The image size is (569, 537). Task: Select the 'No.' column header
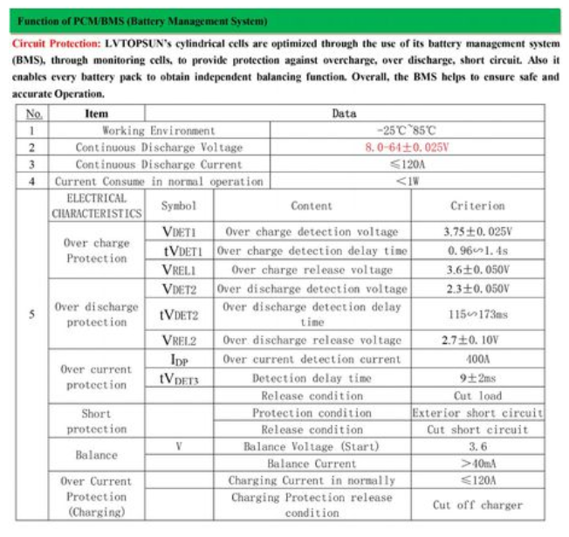pyautogui.click(x=33, y=114)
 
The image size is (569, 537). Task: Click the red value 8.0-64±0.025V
pyautogui.click(x=407, y=148)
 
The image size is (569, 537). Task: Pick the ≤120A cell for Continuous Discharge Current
pyautogui.click(x=407, y=164)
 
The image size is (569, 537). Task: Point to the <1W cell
pyautogui.click(x=407, y=182)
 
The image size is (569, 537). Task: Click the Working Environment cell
pyautogui.click(x=158, y=130)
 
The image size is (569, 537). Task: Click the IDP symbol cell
pyautogui.click(x=179, y=359)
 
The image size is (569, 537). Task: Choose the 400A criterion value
pyautogui.click(x=477, y=359)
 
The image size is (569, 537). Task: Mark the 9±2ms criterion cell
pyautogui.click(x=477, y=378)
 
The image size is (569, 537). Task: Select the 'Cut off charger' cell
pyautogui.click(x=477, y=505)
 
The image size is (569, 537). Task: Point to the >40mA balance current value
pyautogui.click(x=477, y=464)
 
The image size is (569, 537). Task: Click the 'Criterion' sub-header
pyautogui.click(x=477, y=206)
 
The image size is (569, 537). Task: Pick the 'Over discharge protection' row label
pyautogui.click(x=96, y=314)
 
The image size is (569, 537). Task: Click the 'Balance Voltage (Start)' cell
pyautogui.click(x=312, y=447)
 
